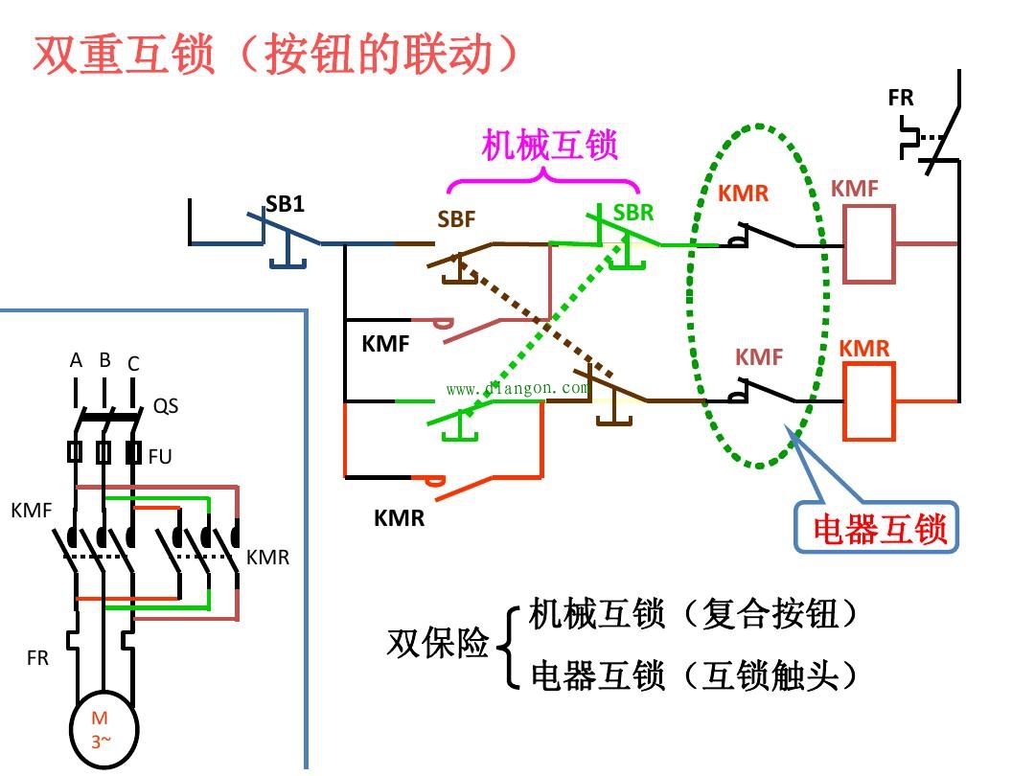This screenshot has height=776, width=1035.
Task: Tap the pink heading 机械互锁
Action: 549,145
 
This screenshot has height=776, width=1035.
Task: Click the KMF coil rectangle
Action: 869,244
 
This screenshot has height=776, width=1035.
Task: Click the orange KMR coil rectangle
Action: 869,400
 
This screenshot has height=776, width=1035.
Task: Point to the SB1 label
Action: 285,204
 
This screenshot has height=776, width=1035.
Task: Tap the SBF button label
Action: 456,219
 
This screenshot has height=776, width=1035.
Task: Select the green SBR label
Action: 632,213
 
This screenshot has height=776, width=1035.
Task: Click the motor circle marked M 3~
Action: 103,728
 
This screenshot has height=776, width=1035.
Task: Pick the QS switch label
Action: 166,406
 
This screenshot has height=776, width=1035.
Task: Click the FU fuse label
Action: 160,456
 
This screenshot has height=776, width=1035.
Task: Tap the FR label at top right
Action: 901,98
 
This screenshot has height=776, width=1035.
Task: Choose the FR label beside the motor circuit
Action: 37,658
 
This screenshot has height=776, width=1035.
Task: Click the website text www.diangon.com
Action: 517,388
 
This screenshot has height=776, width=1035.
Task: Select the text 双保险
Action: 438,643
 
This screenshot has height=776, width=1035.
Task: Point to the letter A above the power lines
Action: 76,361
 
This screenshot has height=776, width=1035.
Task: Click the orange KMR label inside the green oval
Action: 744,193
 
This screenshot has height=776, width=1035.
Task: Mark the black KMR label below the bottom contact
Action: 399,518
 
